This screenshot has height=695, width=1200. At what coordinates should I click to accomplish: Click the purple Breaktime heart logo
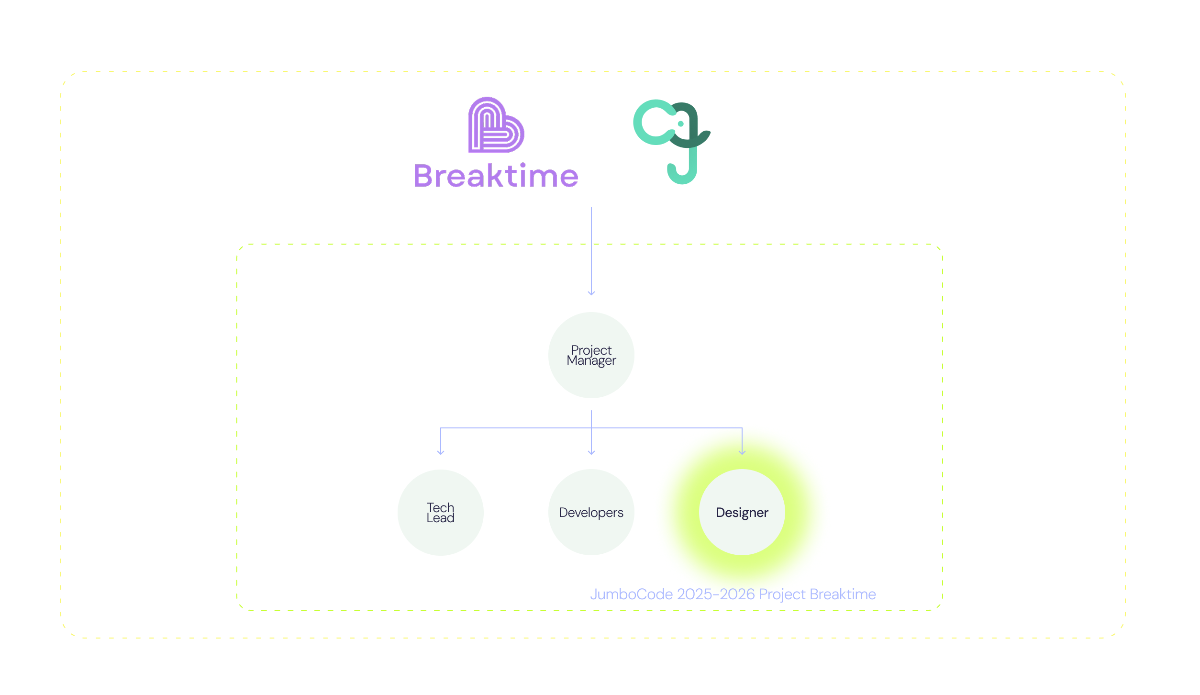coord(496,125)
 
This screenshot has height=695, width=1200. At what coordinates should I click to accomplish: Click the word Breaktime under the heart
coord(496,176)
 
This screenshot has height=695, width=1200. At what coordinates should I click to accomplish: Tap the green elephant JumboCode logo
coord(672,141)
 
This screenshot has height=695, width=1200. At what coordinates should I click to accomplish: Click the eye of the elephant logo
coord(680,124)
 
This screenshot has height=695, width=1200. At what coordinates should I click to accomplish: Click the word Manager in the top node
coord(591,361)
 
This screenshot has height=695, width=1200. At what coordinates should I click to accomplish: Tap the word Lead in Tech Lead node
coord(440,518)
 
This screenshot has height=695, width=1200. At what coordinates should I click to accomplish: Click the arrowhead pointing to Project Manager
coord(591,292)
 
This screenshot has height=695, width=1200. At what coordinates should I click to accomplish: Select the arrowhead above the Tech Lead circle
coord(441,451)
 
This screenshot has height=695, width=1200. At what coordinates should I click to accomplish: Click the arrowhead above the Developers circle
coord(591,451)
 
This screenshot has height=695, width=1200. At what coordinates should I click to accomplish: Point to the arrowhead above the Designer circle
coord(742,451)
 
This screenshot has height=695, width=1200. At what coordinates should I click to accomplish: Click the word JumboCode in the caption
coord(631,594)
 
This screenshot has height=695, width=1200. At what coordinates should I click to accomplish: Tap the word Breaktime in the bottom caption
coord(843,594)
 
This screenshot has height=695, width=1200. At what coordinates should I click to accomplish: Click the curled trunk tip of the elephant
coord(672,170)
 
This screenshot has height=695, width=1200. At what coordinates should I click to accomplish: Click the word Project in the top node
coord(591,350)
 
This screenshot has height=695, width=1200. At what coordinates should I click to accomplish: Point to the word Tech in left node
coord(440,507)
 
